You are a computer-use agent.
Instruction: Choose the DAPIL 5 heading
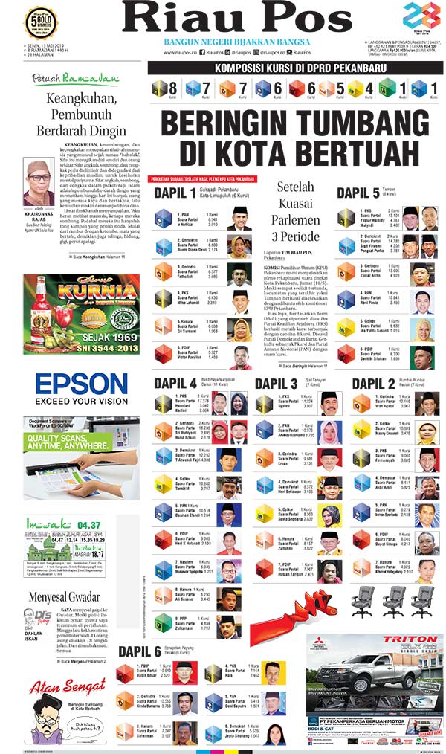(358, 193)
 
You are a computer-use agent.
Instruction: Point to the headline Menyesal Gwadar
(64, 596)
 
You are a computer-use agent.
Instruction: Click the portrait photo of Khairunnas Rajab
(39, 181)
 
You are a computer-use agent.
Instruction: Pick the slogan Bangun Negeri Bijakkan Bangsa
(227, 42)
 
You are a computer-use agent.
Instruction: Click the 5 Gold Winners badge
(42, 22)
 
